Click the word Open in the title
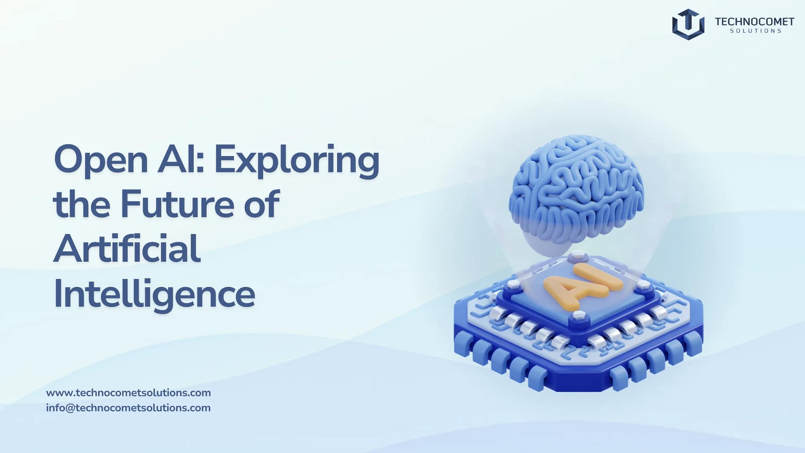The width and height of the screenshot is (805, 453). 101,160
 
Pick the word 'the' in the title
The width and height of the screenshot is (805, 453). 82,204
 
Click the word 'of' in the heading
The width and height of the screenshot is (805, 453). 262,204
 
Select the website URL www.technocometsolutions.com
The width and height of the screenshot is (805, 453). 128,393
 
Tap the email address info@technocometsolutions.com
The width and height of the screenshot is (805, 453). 128,408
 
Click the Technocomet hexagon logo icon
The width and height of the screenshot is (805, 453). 688,24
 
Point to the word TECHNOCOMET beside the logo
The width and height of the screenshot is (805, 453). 754,21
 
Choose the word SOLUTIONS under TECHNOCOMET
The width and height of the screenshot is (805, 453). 756,31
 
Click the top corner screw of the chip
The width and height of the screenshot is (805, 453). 577,254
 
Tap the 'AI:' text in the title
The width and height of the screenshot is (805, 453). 181,159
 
